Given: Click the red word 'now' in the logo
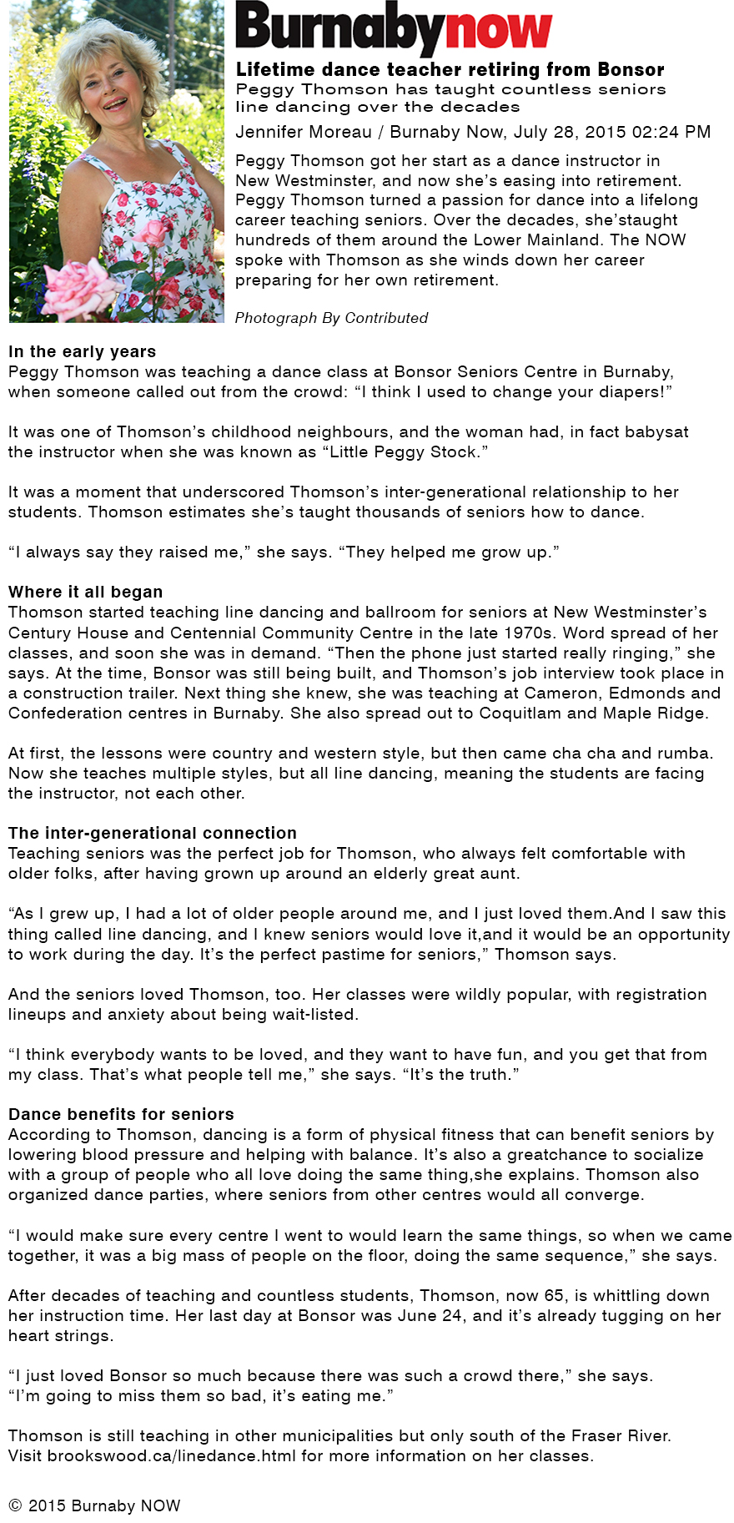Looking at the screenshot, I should (x=499, y=30).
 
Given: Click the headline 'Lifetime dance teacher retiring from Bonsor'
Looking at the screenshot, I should (x=450, y=69).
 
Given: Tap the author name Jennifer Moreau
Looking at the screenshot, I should (x=304, y=132).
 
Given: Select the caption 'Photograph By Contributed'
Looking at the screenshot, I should (x=331, y=318).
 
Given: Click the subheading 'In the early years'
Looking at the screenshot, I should (x=82, y=351).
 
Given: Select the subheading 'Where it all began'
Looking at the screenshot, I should (x=85, y=592).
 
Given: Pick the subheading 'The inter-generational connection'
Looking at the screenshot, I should (x=152, y=833).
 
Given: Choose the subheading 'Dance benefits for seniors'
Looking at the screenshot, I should (x=121, y=1114).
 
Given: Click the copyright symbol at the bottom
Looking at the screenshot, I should (x=15, y=1505).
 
